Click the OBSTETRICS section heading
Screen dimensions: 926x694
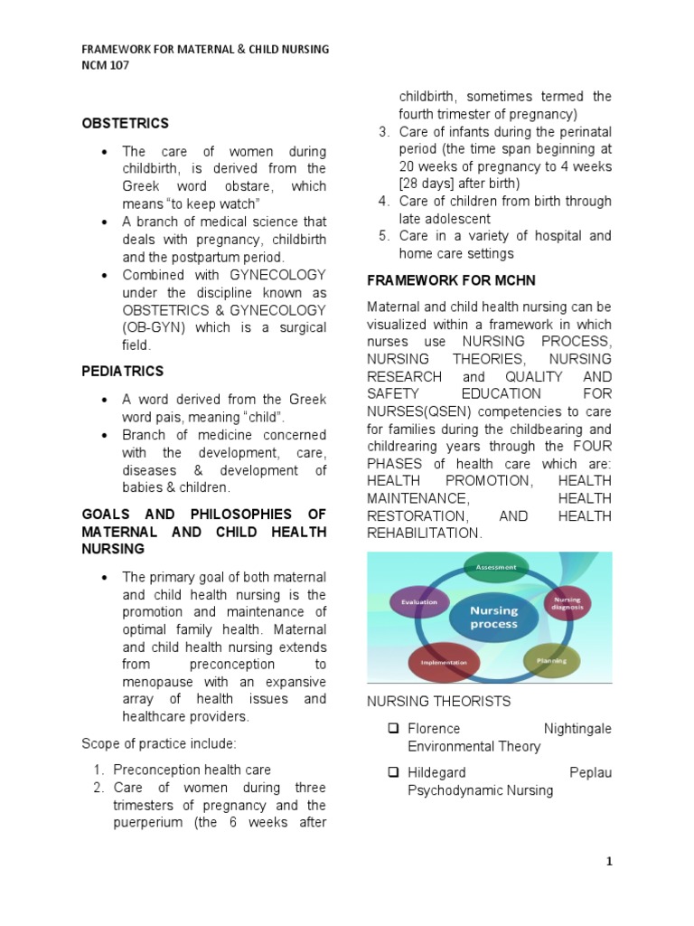(x=125, y=123)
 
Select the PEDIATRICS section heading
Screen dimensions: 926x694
(x=122, y=371)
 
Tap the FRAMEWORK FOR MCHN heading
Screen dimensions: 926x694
(x=442, y=280)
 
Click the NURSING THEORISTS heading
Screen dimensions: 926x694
(x=438, y=701)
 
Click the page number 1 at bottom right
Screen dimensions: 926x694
(x=609, y=861)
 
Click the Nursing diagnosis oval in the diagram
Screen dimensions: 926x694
(x=568, y=603)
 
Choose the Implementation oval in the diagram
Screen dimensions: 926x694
(x=444, y=662)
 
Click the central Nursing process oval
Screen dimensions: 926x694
(x=493, y=617)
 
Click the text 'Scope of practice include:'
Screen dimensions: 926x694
(x=159, y=743)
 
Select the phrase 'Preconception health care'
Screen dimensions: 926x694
(x=192, y=770)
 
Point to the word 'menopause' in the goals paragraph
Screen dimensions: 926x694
(x=159, y=682)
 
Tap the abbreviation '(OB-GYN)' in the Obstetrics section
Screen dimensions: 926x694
(x=155, y=327)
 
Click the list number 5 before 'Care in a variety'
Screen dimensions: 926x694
(x=383, y=236)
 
